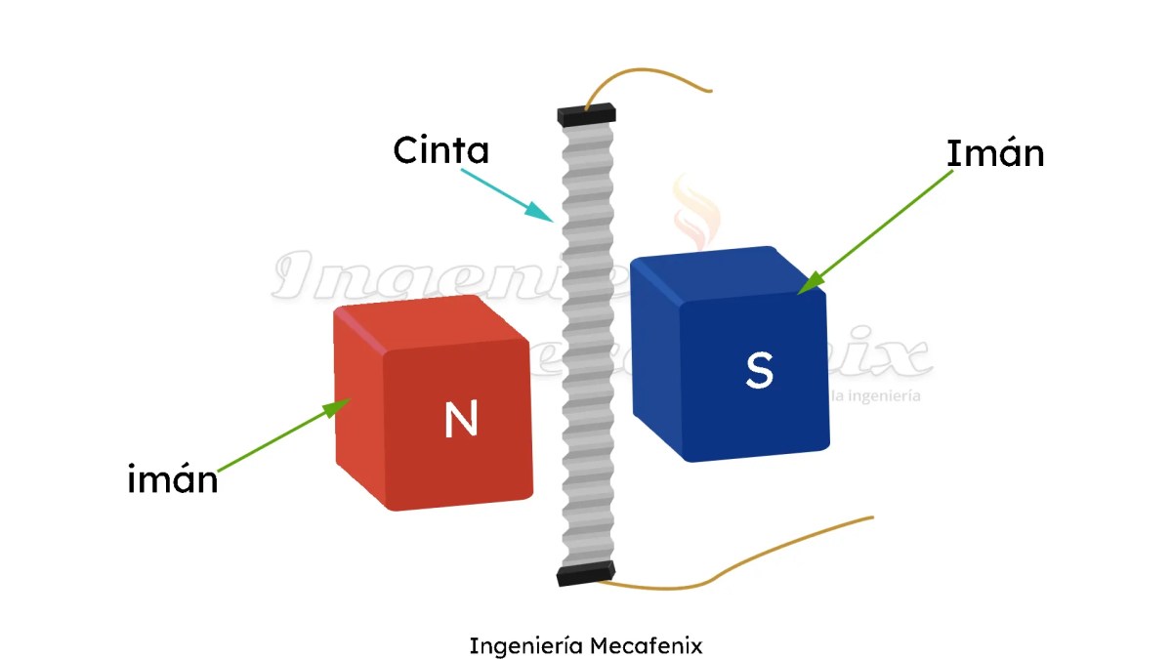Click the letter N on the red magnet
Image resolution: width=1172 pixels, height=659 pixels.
click(x=460, y=419)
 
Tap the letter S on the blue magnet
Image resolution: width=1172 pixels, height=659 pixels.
click(x=759, y=370)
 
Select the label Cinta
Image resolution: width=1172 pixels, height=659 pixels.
click(x=440, y=151)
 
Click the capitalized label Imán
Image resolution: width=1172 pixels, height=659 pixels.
click(x=994, y=154)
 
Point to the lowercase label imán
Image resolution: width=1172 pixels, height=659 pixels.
click(x=173, y=480)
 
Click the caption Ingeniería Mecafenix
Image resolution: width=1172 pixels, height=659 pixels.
click(x=586, y=646)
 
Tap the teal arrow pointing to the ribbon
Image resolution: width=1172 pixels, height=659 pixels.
click(x=508, y=193)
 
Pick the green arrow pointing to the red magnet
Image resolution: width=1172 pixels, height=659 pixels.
click(x=279, y=437)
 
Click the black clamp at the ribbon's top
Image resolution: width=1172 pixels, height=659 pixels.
click(x=586, y=114)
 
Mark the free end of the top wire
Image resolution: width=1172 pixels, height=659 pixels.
click(x=710, y=91)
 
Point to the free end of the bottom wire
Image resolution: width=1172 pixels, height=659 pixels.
click(x=871, y=517)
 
